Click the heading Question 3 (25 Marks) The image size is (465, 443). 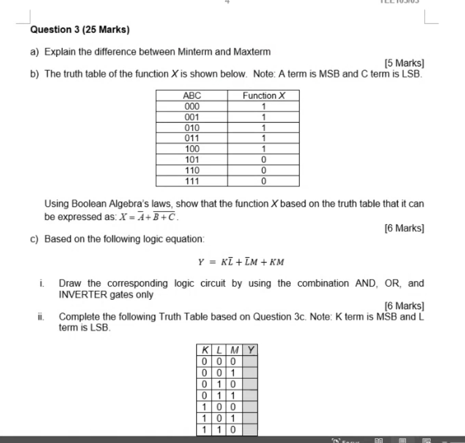(x=80, y=30)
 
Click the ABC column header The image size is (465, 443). (x=192, y=96)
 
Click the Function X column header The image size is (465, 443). (x=264, y=96)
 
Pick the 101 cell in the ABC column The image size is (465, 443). (x=192, y=159)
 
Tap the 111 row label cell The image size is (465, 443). (x=192, y=181)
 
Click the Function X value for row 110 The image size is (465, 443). (x=264, y=170)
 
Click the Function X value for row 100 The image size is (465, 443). (x=264, y=149)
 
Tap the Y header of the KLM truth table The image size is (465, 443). (x=250, y=350)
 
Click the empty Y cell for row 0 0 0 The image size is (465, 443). (x=250, y=361)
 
